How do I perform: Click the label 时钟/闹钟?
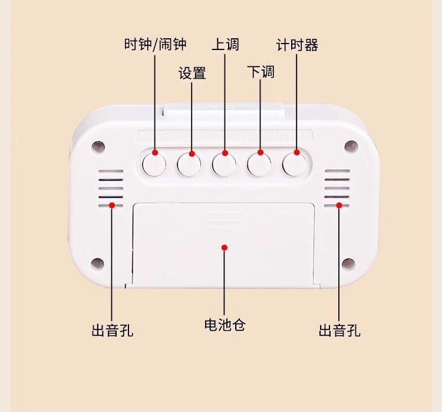pos(155,45)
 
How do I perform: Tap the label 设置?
pos(192,73)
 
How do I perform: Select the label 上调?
pos(225,45)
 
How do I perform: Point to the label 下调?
pos(260,72)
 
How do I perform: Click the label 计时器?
pos(297,45)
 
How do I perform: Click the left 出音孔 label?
pos(112,330)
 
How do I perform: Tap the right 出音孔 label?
pos(339,330)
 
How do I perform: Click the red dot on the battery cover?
pos(224,247)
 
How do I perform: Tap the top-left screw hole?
pos(98,145)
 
